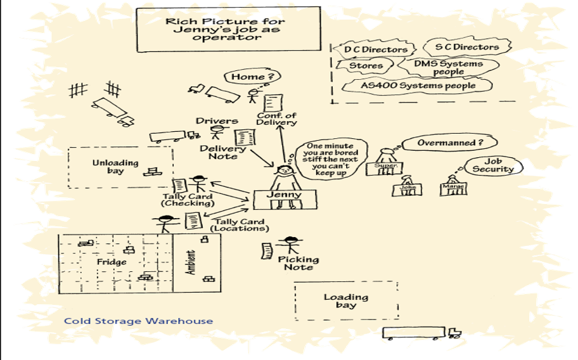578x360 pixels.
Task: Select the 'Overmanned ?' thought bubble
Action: [x=441, y=143]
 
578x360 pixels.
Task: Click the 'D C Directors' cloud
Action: [x=371, y=49]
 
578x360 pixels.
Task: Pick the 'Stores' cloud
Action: [x=365, y=66]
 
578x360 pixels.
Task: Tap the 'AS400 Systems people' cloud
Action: [x=417, y=85]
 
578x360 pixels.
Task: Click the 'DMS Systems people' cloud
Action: [x=448, y=67]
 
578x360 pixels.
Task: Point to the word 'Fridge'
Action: [x=112, y=262]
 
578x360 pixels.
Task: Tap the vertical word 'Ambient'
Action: [x=191, y=263]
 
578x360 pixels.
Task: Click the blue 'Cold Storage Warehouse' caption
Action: [x=138, y=321]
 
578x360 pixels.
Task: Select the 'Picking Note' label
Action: [x=299, y=264]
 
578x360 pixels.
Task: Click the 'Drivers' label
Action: [x=217, y=121]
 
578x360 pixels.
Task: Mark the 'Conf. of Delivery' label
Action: [x=276, y=119]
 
